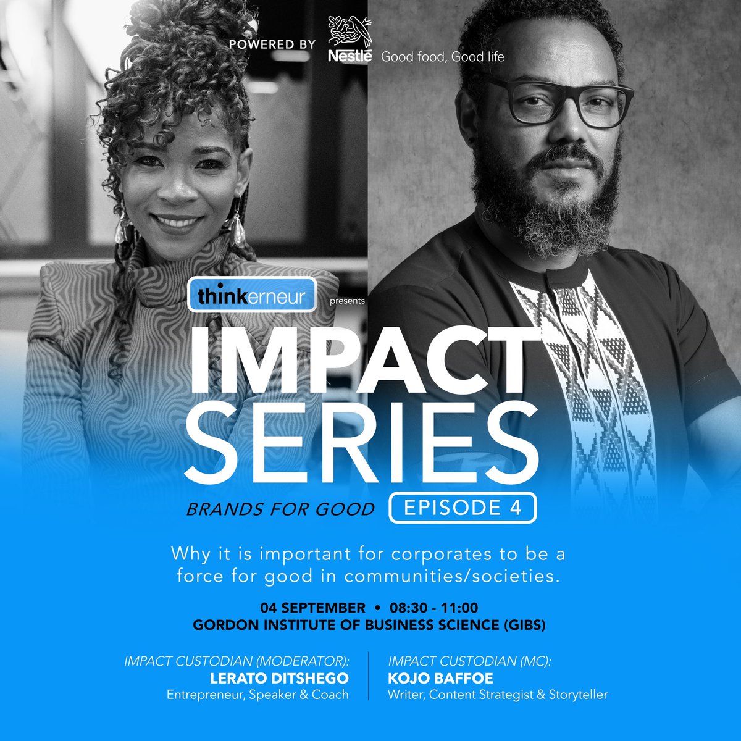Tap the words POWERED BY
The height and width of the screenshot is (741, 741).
click(x=272, y=44)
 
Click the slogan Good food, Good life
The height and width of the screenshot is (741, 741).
click(x=442, y=57)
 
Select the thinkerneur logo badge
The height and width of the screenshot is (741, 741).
click(x=252, y=296)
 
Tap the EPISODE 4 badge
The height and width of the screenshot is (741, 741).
click(x=463, y=508)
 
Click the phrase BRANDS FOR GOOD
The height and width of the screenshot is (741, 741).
click(x=281, y=509)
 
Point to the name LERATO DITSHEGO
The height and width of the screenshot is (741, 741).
click(x=279, y=678)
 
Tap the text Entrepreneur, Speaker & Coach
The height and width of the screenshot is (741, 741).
click(x=257, y=695)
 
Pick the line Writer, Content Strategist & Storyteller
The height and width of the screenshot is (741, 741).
click(x=498, y=695)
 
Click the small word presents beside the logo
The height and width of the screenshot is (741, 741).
click(x=348, y=301)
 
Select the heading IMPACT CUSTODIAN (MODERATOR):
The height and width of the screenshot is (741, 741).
click(x=237, y=661)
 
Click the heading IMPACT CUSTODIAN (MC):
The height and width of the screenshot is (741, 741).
click(x=469, y=661)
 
